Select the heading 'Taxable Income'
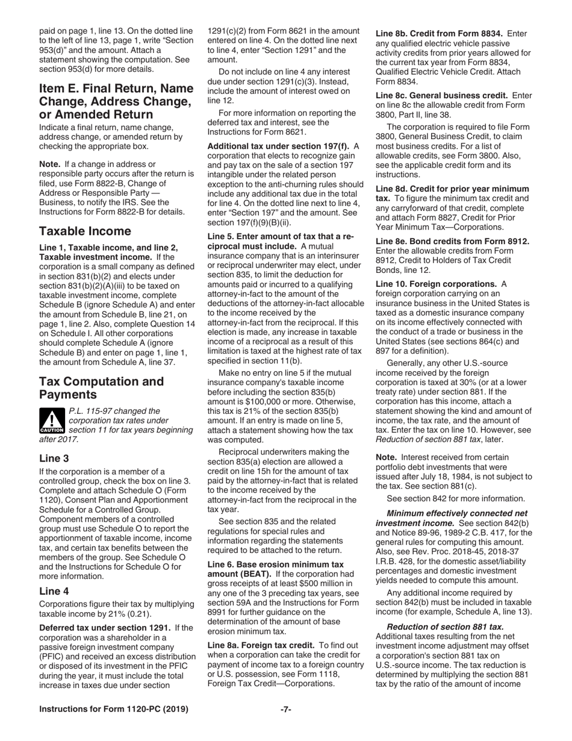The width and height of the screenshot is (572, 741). [x=85, y=231]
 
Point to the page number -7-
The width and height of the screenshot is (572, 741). [x=286, y=710]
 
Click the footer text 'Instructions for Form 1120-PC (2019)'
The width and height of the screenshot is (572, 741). [x=113, y=710]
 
